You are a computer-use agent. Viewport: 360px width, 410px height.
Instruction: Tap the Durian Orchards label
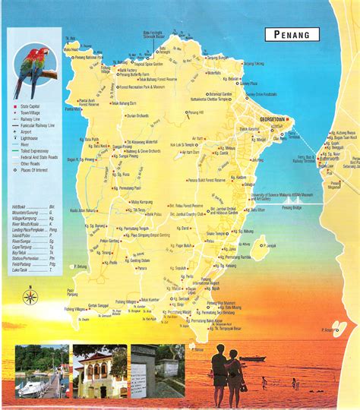(x=141, y=115)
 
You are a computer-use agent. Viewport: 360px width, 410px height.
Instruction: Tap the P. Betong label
(x=82, y=266)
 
